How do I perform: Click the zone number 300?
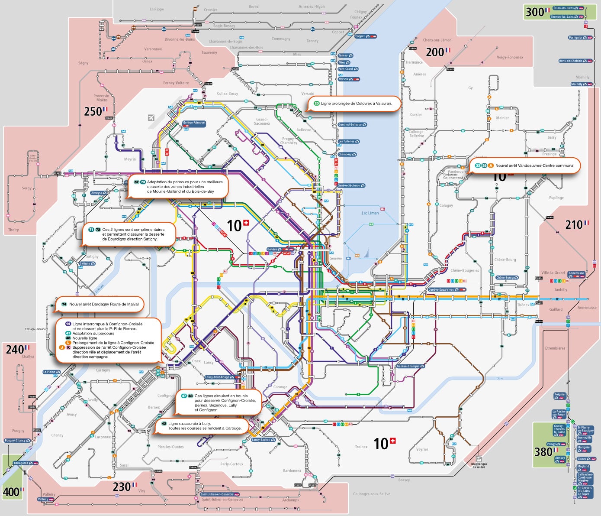(534, 12)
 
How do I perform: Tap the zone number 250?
(93, 112)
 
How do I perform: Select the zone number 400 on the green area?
(11, 492)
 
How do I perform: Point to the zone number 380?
(543, 452)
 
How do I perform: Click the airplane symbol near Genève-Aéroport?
(151, 117)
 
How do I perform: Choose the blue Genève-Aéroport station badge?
(194, 123)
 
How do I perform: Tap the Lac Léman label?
(370, 213)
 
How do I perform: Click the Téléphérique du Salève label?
(479, 465)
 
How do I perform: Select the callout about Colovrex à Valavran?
(354, 104)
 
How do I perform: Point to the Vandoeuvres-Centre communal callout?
(525, 166)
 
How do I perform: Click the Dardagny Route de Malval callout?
(100, 304)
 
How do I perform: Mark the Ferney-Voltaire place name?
(176, 83)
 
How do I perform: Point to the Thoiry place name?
(13, 230)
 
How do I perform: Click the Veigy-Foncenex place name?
(510, 57)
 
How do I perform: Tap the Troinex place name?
(361, 447)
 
